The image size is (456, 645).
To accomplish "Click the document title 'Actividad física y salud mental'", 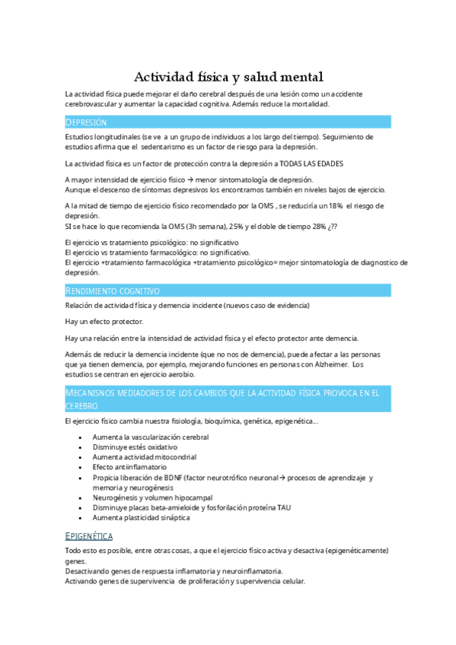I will tap(228, 77).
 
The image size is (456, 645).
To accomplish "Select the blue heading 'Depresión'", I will tap(86, 122).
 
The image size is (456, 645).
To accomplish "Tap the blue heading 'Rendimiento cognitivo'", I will tap(112, 291).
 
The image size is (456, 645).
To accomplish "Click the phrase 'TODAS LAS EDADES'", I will tap(305, 164).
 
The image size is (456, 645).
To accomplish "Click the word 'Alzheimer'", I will tap(328, 364).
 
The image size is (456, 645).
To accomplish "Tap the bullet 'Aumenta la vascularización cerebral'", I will tap(150, 437).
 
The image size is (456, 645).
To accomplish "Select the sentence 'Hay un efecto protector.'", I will tap(104, 322).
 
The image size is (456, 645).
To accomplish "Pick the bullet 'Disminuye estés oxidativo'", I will tap(134, 447).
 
